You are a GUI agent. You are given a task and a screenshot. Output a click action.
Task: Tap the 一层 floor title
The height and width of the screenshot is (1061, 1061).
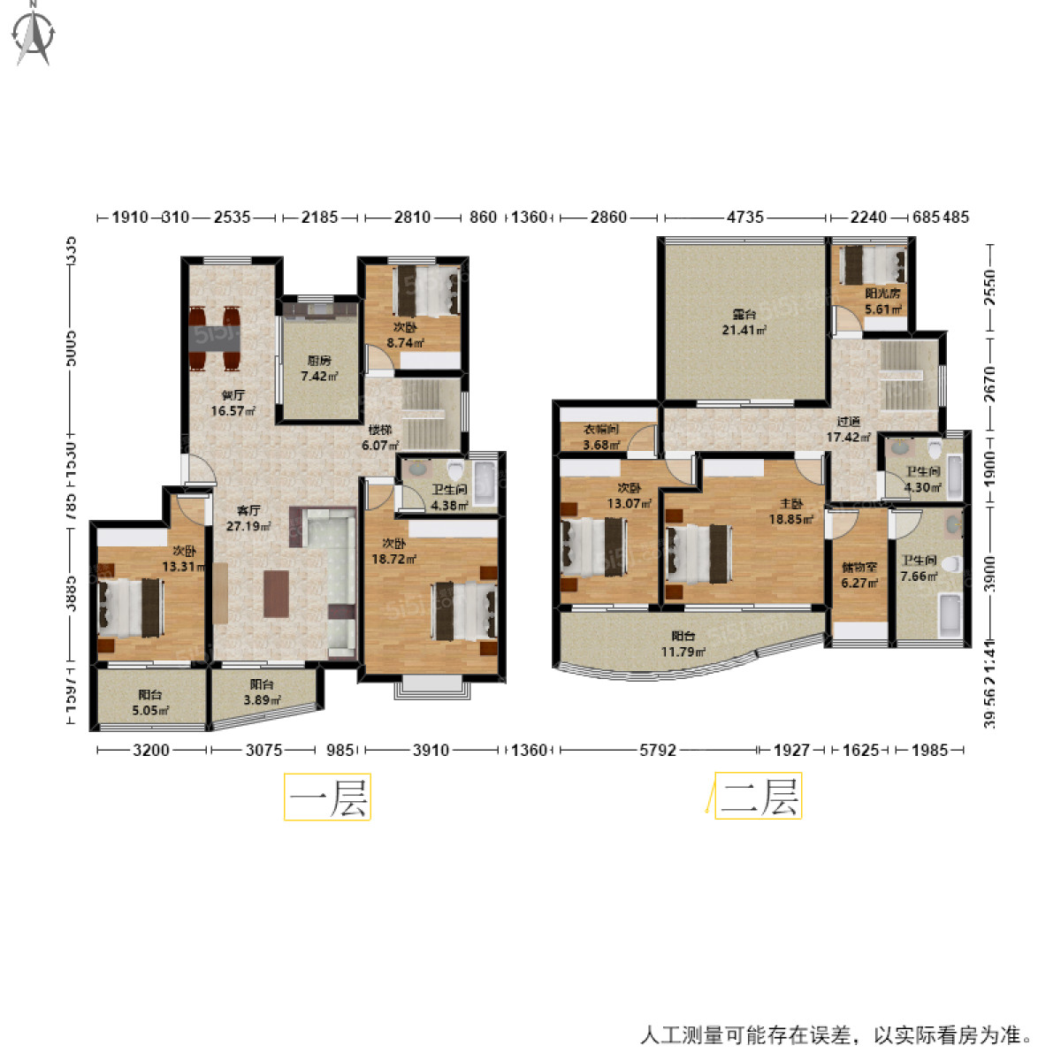coord(327,798)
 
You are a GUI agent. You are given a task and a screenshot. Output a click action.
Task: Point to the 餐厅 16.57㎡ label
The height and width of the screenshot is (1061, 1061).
coord(233,403)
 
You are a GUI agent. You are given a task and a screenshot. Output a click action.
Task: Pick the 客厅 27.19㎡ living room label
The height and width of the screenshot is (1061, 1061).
coord(248,518)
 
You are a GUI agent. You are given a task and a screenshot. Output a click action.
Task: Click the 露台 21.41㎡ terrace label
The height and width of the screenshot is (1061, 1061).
coord(744,322)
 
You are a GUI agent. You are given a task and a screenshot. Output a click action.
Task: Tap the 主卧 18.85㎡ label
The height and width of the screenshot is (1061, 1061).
coord(790,512)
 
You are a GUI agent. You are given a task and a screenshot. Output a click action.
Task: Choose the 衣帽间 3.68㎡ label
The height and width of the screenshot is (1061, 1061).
coord(601,437)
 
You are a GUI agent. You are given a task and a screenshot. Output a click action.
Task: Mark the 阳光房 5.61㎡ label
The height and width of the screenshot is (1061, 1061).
coord(882,301)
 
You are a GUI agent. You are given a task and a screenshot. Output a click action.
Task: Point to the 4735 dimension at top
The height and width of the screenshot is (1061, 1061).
coord(744,217)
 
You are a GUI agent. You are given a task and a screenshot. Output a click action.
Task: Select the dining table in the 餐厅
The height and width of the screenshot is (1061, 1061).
coord(215,337)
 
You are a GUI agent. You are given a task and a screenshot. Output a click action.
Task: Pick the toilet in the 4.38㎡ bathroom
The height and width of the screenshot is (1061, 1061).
coord(455,471)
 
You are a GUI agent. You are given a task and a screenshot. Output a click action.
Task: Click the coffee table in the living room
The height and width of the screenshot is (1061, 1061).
coord(276,593)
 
